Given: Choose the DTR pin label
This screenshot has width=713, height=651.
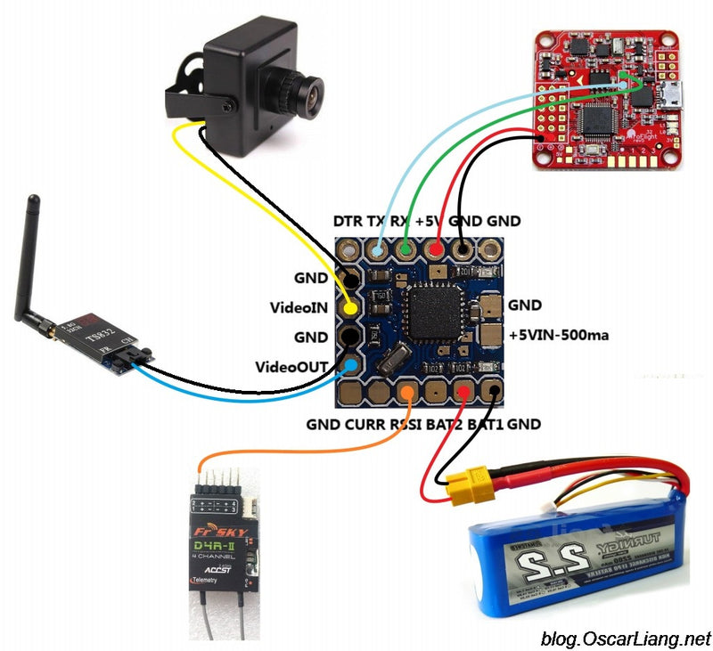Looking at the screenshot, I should tap(348, 220).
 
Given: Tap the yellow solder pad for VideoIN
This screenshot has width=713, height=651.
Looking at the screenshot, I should tap(352, 308).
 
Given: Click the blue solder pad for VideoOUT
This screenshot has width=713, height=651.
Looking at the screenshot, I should tap(352, 365).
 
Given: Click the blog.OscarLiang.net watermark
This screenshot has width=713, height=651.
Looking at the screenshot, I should tap(626, 638).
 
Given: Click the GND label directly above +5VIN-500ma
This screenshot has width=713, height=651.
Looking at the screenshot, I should tap(524, 305).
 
